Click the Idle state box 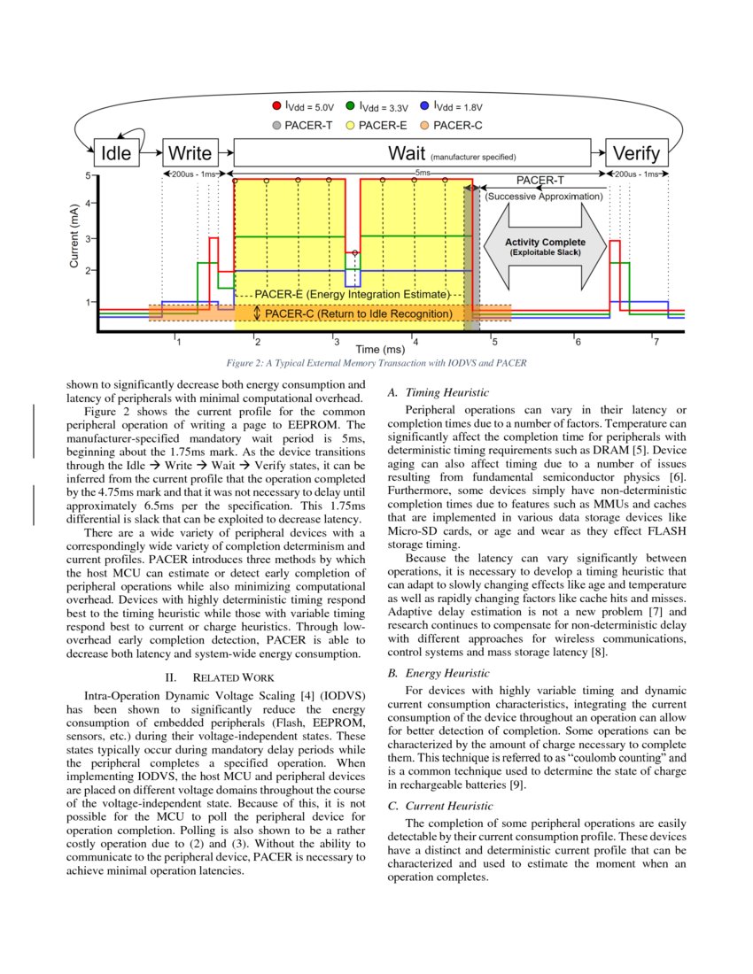point(116,153)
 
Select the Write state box point(190,153)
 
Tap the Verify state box point(636,153)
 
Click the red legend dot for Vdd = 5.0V point(276,107)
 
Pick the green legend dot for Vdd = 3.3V point(351,107)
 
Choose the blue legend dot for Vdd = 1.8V point(425,107)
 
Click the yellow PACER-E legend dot point(351,126)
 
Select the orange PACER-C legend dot point(425,126)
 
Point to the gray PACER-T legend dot point(276,126)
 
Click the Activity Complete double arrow point(544,247)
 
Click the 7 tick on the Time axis point(655,341)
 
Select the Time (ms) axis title point(380,350)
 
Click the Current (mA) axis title point(75,237)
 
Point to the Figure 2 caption point(376,363)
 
